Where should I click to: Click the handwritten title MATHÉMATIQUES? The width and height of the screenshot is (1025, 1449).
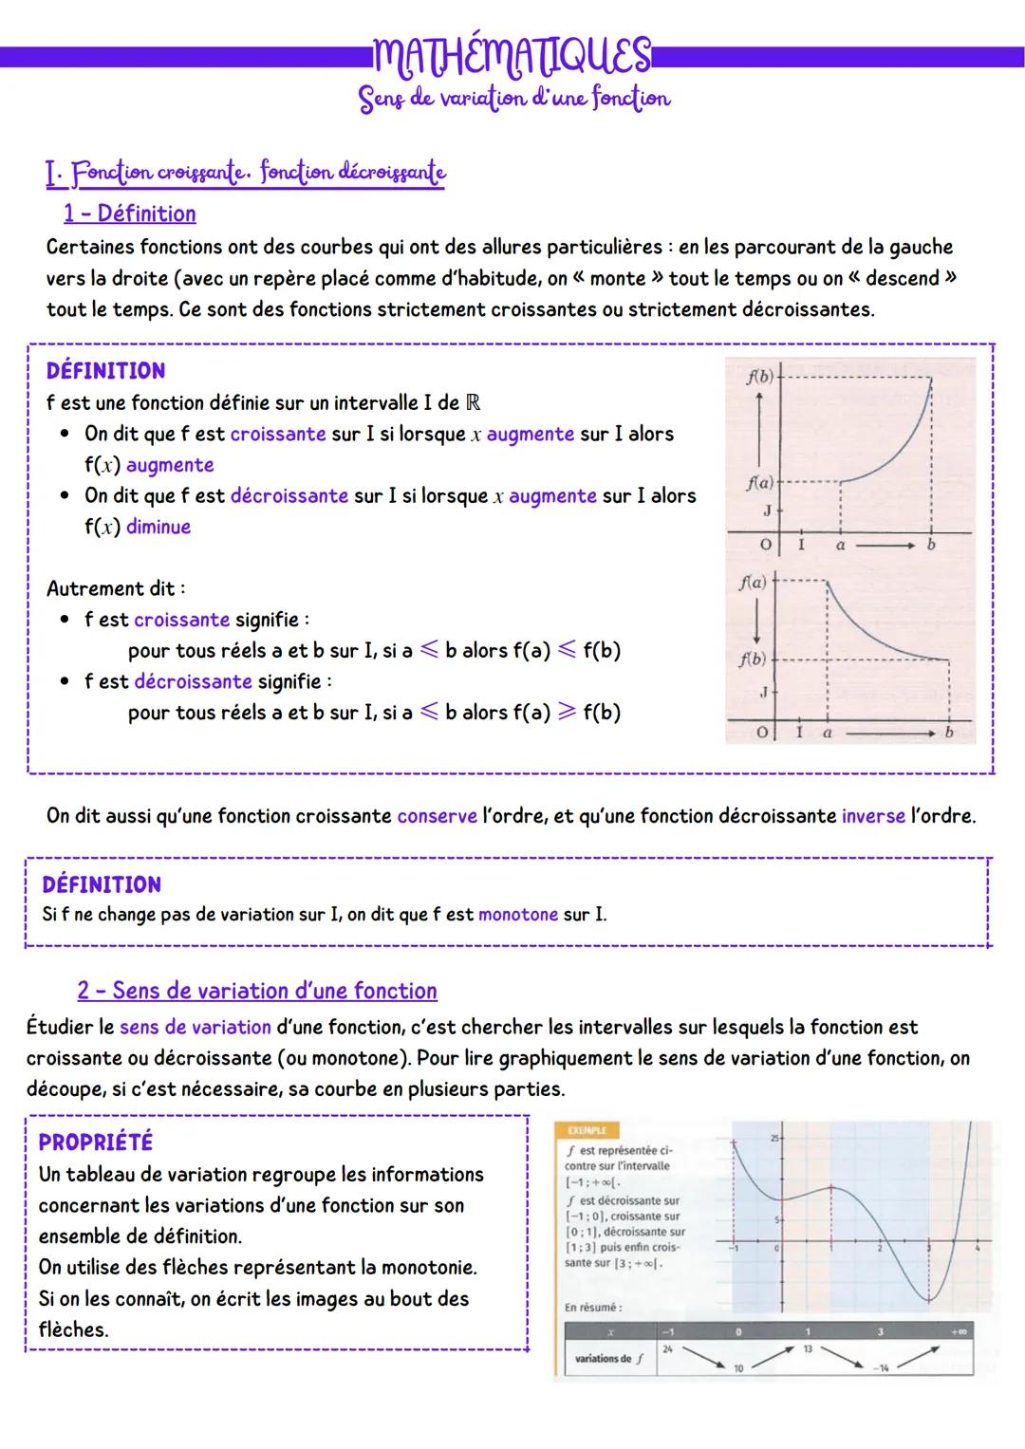tap(512, 56)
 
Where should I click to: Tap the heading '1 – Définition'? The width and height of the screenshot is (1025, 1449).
tap(130, 214)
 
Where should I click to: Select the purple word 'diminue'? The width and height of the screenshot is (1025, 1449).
tap(158, 527)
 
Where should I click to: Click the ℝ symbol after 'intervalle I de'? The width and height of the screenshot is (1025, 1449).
tap(474, 402)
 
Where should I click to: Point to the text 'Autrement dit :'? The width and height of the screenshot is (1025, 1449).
tap(116, 588)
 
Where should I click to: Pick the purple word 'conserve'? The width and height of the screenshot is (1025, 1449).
tap(437, 816)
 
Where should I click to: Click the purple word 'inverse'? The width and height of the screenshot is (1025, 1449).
tap(872, 816)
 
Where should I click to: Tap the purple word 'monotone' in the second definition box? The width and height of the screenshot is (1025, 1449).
tap(517, 915)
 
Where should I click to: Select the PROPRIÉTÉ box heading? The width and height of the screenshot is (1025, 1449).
tap(95, 1142)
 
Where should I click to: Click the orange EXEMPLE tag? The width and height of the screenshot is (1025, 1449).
tap(585, 1130)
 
